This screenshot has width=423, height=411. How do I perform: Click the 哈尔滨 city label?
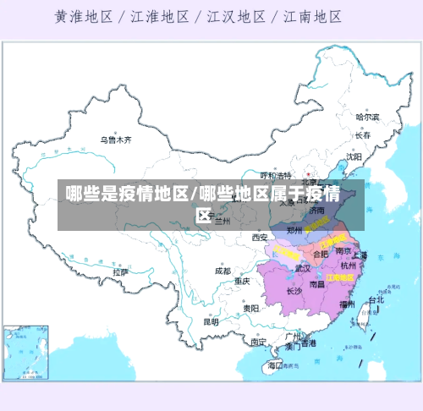click(367, 117)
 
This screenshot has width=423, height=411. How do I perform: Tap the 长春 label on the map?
click(363, 134)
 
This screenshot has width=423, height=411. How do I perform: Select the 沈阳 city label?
click(354, 156)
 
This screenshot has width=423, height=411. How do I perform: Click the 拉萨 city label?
click(121, 272)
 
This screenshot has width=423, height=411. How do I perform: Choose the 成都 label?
click(222, 271)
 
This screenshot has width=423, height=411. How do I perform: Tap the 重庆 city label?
click(243, 281)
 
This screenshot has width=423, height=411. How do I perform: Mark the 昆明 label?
click(211, 321)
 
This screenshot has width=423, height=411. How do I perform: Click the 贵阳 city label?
click(250, 309)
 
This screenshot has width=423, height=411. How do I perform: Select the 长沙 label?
click(294, 291)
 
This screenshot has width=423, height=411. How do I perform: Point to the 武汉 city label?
click(303, 268)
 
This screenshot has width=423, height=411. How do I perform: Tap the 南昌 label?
click(316, 284)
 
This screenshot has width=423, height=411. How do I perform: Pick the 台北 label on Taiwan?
click(374, 299)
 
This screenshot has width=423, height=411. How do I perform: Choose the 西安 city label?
click(259, 238)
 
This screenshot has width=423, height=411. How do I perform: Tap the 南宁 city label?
click(259, 342)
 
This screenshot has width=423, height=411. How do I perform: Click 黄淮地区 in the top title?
click(85, 16)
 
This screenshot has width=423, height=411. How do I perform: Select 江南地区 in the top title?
click(312, 16)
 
